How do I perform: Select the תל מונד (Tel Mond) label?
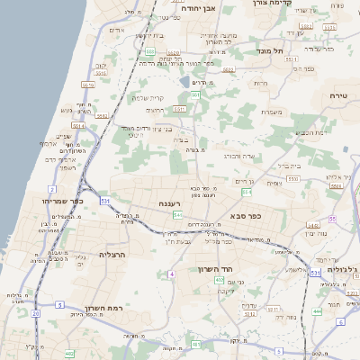coord(270,51)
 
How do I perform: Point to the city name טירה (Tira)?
coord(338,95)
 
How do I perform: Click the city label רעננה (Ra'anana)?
coord(168,204)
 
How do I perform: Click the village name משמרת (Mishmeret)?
coord(274,112)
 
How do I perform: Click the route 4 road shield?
coord(170,272)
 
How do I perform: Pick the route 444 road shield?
coord(317,311)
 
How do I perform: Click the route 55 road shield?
coord(332,219)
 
